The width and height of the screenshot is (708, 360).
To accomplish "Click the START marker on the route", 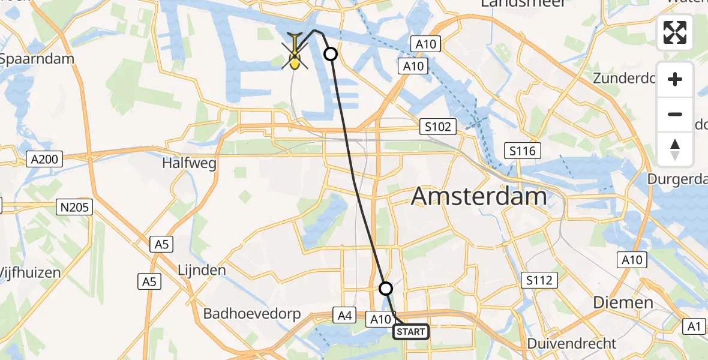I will pos(411,332).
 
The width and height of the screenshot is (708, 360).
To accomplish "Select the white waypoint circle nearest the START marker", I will pos(386,289).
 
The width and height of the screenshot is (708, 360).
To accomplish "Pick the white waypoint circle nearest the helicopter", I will pos(331,55).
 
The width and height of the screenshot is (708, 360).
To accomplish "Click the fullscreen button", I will pos(675,33).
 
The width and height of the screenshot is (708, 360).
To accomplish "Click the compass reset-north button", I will pos(675,149).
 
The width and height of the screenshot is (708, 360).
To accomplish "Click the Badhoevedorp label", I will pos(252,313).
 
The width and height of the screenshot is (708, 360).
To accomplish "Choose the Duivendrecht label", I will pos(571,343).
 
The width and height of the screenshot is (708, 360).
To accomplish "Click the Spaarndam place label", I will pos(37,59).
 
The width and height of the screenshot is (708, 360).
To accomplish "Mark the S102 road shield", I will pos(438,127).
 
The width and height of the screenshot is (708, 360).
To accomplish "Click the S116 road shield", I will pos(523,151).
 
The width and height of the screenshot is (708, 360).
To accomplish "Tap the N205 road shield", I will pos(75,208).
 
